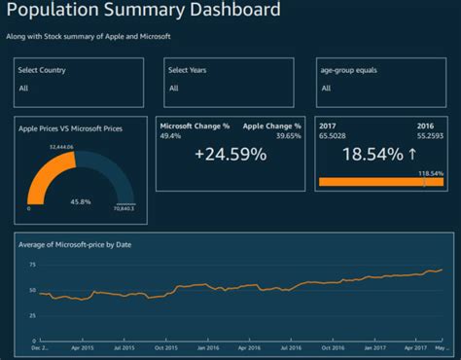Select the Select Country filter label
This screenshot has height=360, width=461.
coord(43,70)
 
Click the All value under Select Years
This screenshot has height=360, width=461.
coord(173,88)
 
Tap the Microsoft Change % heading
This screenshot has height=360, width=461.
coord(193,126)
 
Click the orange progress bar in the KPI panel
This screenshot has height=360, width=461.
coord(379,182)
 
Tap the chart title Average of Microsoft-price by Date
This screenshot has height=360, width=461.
coord(75,244)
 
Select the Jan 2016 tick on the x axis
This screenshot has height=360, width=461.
coord(208,347)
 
